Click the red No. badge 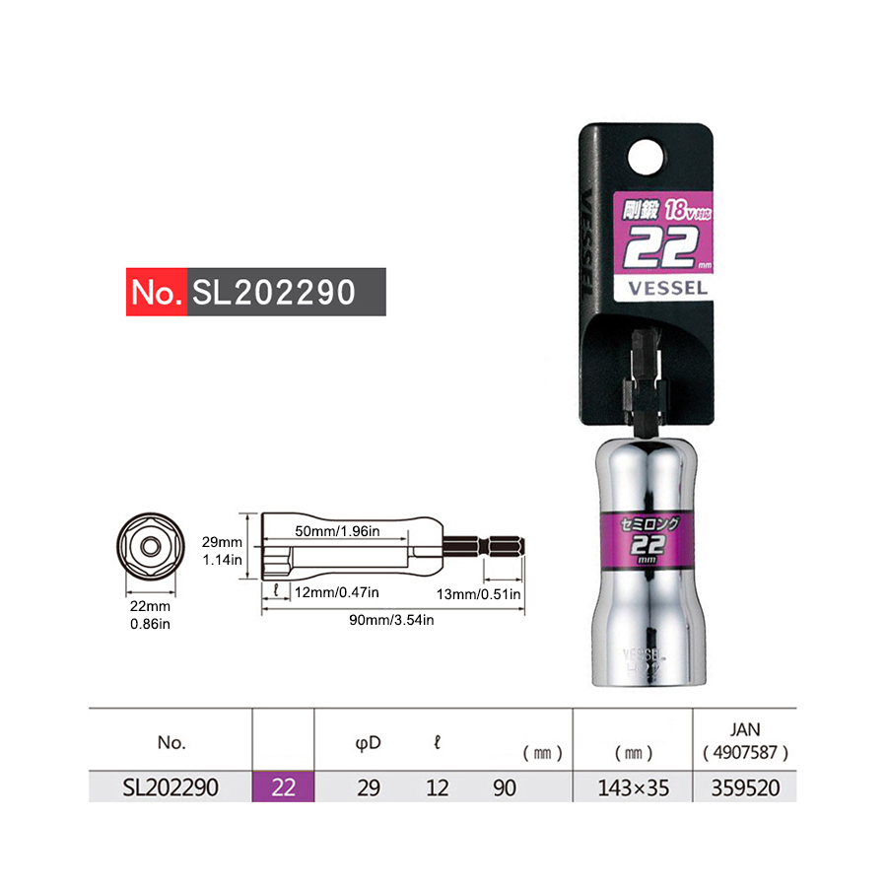[156, 293]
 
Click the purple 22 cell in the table [284, 787]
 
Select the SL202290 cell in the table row [171, 787]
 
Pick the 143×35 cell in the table [634, 787]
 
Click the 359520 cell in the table [744, 787]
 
